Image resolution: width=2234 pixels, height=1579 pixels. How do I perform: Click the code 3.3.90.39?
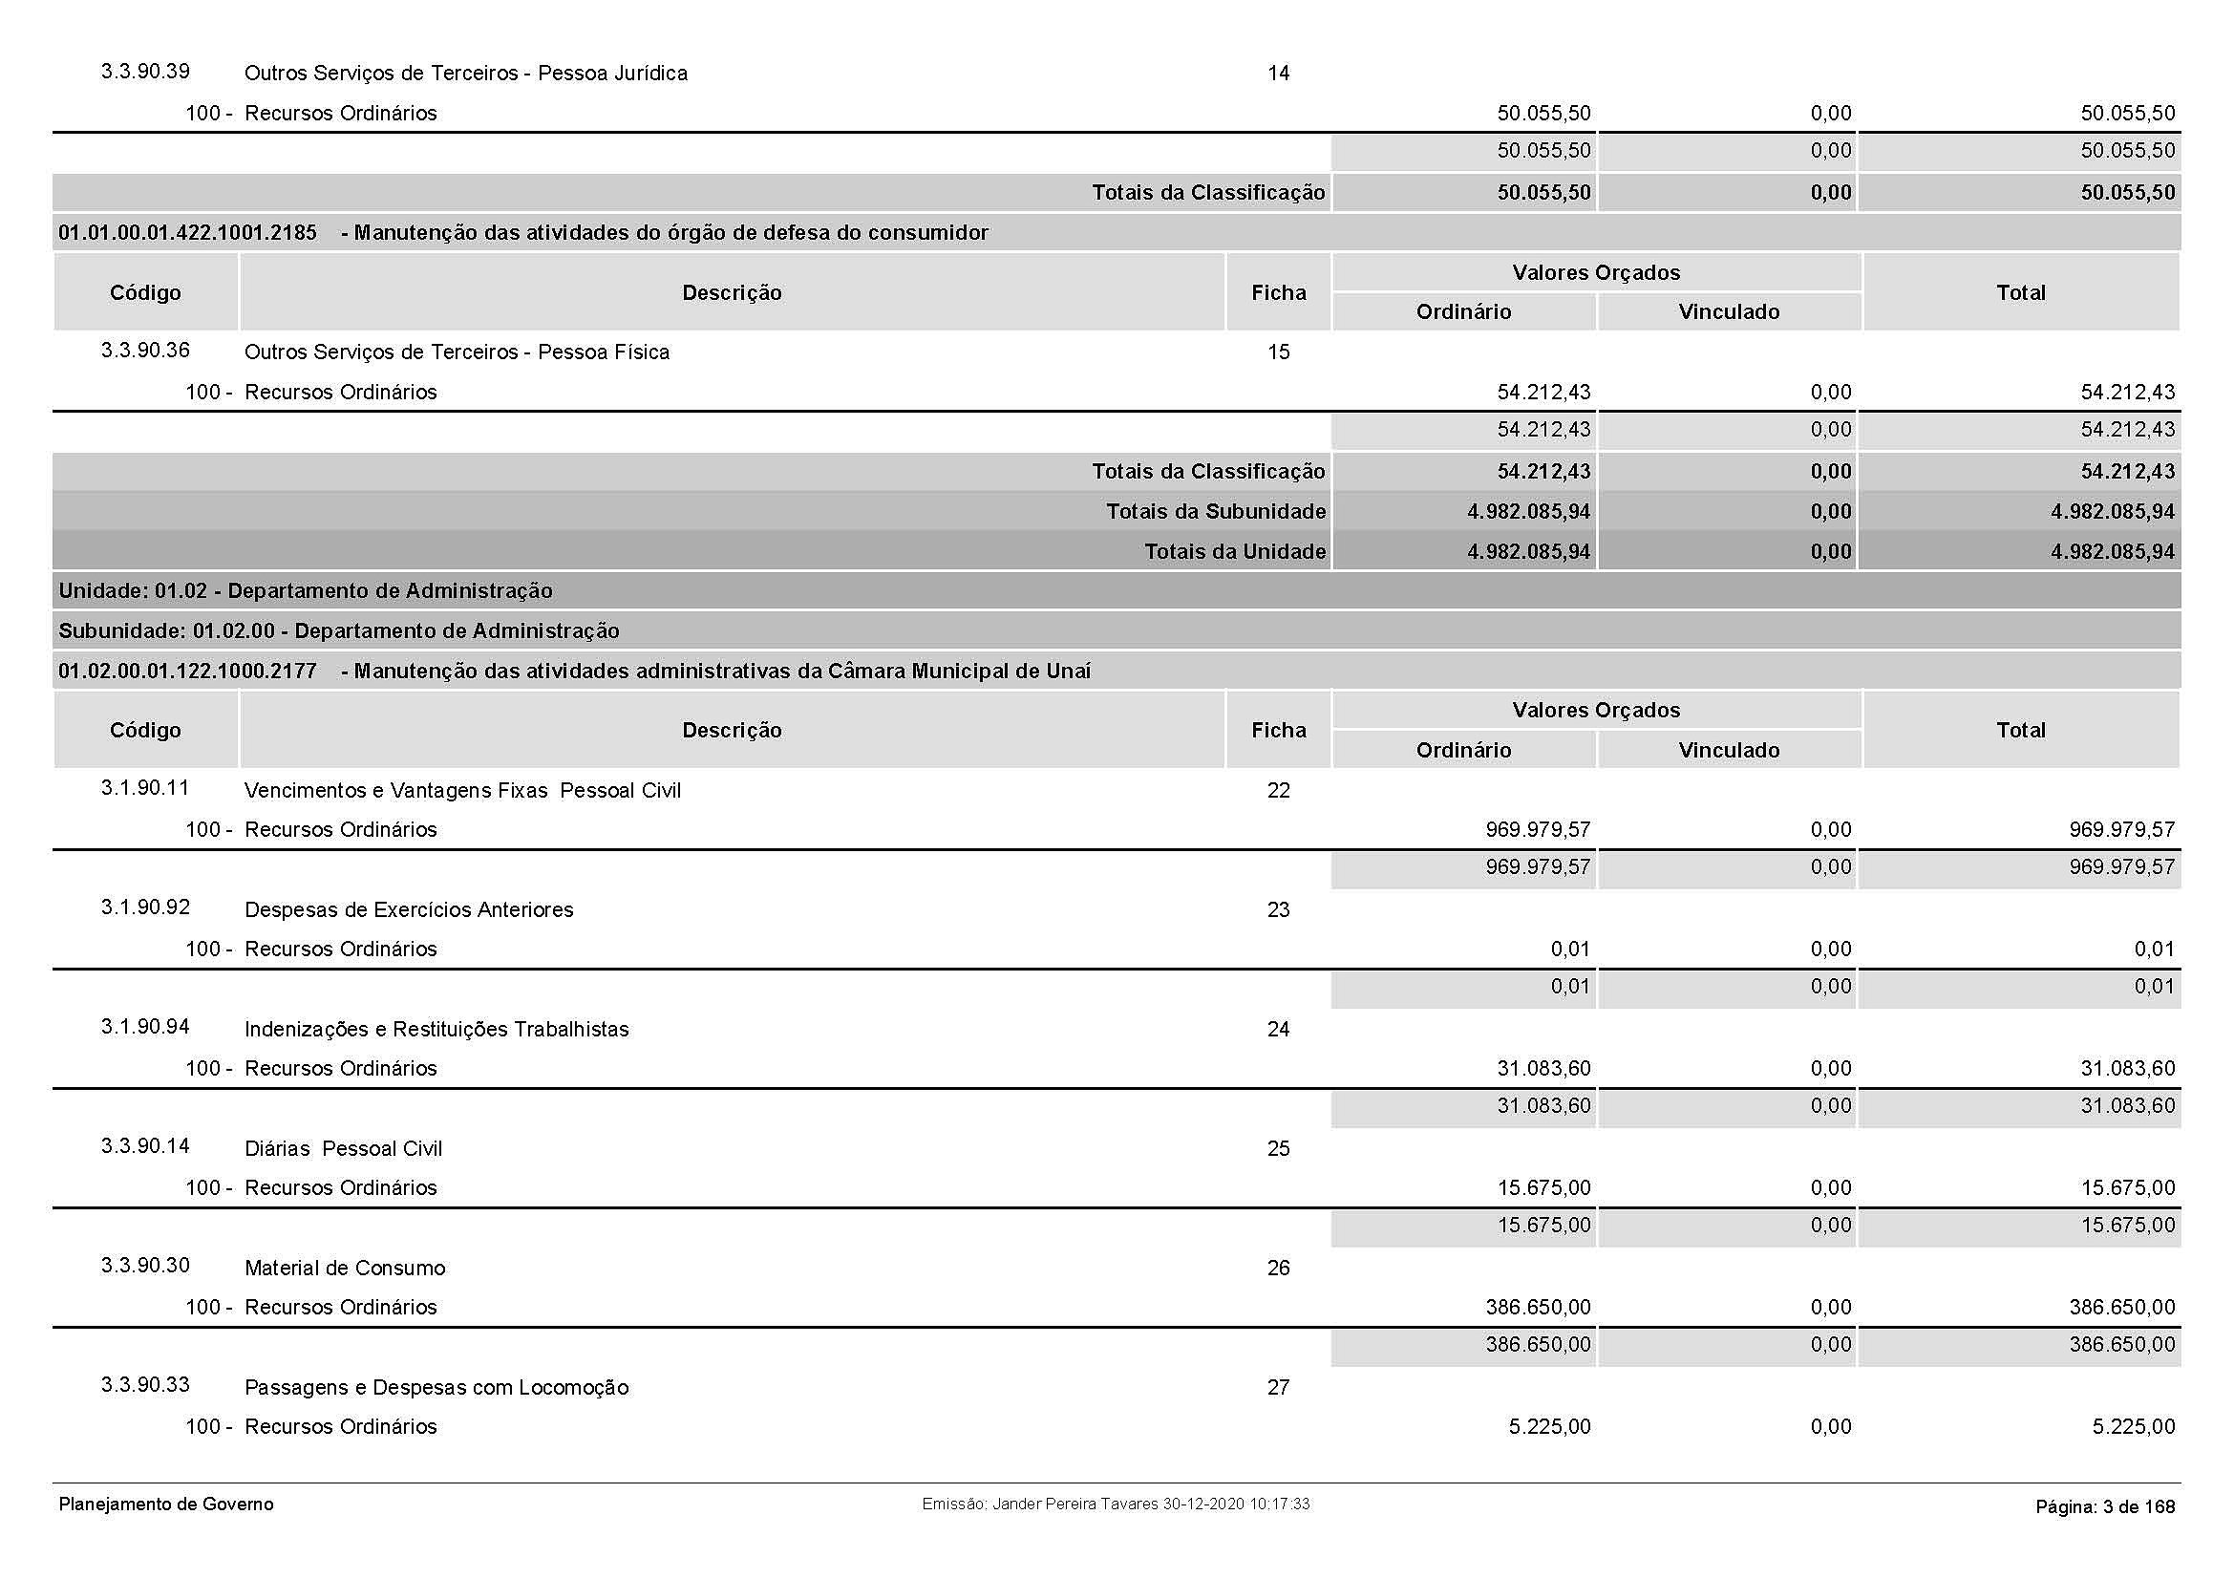pos(145,72)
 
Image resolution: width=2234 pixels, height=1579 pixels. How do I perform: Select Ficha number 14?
pos(1278,73)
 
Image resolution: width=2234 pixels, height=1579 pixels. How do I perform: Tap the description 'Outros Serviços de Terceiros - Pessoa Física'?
pos(457,352)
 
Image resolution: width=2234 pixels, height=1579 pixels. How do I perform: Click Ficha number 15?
pos(1278,352)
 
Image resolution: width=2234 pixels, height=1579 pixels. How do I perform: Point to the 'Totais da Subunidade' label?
pos(1215,512)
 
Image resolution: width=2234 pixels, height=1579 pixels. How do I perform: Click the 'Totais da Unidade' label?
pos(1234,551)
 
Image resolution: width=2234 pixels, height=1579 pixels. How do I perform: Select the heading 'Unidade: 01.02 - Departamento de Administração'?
pos(306,591)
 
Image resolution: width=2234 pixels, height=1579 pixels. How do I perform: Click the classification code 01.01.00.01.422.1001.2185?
pos(188,232)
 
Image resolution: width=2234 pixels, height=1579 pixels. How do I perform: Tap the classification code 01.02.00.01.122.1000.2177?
pos(188,672)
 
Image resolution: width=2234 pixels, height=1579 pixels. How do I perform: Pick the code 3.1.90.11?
pos(145,788)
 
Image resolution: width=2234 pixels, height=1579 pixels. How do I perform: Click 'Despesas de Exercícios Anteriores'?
pos(409,909)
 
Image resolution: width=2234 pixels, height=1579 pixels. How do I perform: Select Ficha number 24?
pos(1278,1030)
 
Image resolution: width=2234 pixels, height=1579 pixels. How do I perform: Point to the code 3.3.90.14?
pos(145,1146)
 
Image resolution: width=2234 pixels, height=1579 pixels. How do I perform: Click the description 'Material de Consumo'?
pos(345,1268)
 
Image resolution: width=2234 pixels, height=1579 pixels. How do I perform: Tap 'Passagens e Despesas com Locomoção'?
pos(436,1387)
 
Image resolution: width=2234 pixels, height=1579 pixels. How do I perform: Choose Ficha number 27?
pos(1278,1387)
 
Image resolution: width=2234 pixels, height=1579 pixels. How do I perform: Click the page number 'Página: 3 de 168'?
pos(2105,1507)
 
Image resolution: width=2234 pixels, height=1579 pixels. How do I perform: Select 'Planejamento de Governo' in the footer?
pos(166,1504)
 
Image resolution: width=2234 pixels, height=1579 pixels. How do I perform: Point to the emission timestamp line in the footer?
pos(1115,1504)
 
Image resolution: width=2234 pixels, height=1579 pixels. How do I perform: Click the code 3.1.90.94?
pos(145,1027)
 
